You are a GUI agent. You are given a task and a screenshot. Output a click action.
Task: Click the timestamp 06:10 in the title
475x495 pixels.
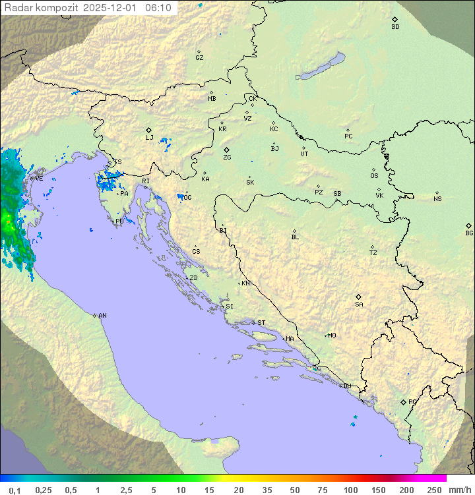tap(158, 8)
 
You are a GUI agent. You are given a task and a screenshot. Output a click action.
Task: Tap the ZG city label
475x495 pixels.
tap(227, 158)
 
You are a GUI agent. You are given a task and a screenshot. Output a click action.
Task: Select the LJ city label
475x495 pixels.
tap(149, 138)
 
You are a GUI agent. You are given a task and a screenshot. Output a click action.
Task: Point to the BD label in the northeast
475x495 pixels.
tap(395, 27)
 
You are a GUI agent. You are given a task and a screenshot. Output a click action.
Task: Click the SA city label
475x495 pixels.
tap(359, 304)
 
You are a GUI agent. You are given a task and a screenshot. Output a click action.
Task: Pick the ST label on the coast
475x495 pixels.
tap(261, 323)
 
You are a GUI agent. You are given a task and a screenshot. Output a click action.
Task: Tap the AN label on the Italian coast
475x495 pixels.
tap(102, 316)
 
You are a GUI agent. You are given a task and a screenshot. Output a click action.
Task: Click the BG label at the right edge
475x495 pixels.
tap(469, 233)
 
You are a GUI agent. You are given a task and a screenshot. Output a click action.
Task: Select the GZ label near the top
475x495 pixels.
tap(199, 58)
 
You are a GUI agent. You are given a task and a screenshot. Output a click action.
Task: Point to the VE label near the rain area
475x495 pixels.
tap(39, 178)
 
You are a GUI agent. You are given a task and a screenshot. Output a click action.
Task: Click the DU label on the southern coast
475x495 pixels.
tap(346, 386)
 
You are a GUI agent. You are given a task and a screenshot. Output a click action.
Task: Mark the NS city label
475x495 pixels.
tap(437, 199)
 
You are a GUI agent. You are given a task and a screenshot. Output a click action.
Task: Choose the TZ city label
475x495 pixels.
tap(373, 253)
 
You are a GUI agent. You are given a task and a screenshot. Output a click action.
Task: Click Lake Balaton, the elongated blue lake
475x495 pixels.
tap(321, 67)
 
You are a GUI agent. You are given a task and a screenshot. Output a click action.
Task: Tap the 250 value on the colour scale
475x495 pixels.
tap(434, 490)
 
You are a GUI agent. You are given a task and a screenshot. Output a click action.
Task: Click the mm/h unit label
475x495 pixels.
tap(459, 490)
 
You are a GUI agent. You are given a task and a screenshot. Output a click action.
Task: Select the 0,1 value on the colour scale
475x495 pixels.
tap(15, 490)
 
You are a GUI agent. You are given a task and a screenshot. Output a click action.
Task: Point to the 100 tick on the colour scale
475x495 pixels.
tap(350, 490)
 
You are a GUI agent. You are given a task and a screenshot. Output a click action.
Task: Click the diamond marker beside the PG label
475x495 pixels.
tap(403, 402)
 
